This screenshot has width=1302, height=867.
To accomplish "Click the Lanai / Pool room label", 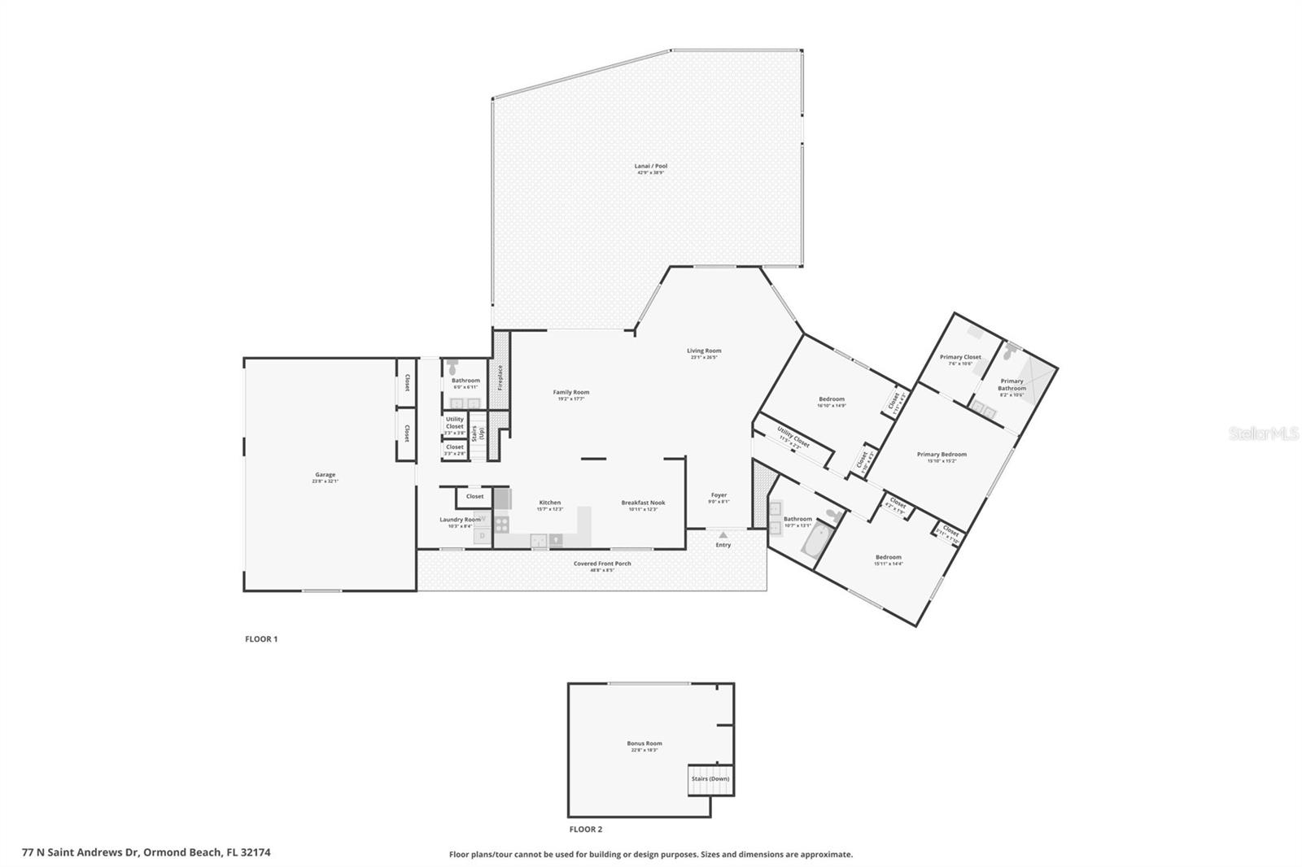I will pos(650,166).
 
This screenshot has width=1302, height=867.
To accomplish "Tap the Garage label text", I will pos(325,475).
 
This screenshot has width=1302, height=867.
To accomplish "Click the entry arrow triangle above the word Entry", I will pos(723,535).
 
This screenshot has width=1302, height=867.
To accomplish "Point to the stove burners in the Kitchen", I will pos(501,525).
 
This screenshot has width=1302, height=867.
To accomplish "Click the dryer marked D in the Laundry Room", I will pos(483,536).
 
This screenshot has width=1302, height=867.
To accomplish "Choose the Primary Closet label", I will pos(959,357).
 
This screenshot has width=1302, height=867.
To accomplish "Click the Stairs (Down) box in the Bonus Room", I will pos(710,779).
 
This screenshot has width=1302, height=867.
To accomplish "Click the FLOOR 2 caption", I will pos(585,830).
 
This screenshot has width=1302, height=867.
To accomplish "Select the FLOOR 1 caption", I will pos(261,639).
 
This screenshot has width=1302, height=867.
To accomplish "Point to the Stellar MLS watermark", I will pos(1263,434).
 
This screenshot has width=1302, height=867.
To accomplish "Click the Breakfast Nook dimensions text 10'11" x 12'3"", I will pos(642,510).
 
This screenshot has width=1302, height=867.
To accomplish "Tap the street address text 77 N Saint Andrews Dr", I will pos(81,853).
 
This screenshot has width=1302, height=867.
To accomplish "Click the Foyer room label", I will pos(719,494).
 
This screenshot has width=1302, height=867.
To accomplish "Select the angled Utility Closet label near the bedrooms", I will pos(793,437).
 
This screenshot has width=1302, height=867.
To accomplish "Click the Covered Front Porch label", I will pos(601,564).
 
